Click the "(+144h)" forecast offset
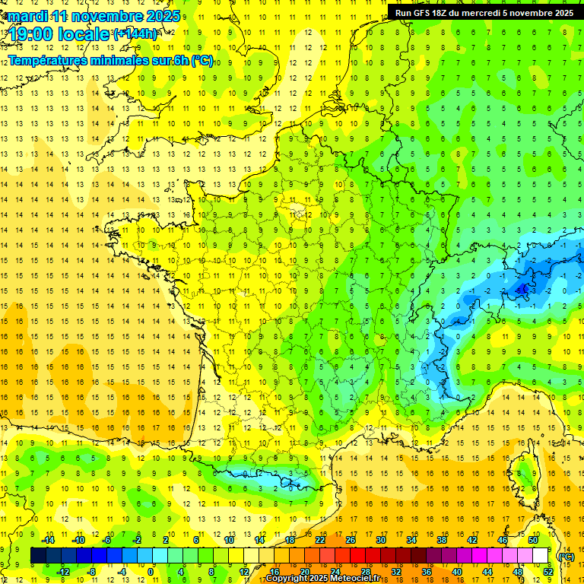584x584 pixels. pyautogui.click(x=135, y=34)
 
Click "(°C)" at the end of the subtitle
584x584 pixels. pyautogui.click(x=202, y=60)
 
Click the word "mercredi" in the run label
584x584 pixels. pyautogui.click(x=484, y=13)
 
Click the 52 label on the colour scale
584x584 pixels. pyautogui.click(x=548, y=572)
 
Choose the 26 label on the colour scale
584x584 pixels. pyautogui.click(x=351, y=540)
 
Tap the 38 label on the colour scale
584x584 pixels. pyautogui.click(x=442, y=540)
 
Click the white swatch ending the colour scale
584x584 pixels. pyautogui.click(x=541, y=556)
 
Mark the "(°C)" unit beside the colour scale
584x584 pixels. pyautogui.click(x=567, y=556)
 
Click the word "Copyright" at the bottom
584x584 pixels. pyautogui.click(x=288, y=579)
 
